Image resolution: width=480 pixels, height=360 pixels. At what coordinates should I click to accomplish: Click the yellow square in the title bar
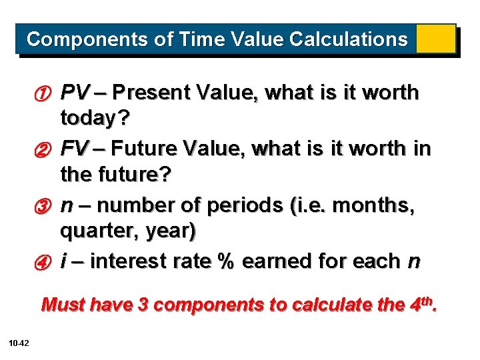[x=435, y=39]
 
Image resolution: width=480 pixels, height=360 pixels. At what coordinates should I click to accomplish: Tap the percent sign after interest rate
[x=224, y=261]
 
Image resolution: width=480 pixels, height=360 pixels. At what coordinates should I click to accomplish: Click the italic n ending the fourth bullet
[x=414, y=262]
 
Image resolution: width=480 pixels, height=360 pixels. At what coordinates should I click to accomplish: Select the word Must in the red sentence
[x=63, y=305]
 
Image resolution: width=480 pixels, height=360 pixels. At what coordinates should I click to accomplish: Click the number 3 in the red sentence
[x=143, y=305]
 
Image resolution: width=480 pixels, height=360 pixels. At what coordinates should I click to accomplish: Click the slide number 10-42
[x=19, y=343]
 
